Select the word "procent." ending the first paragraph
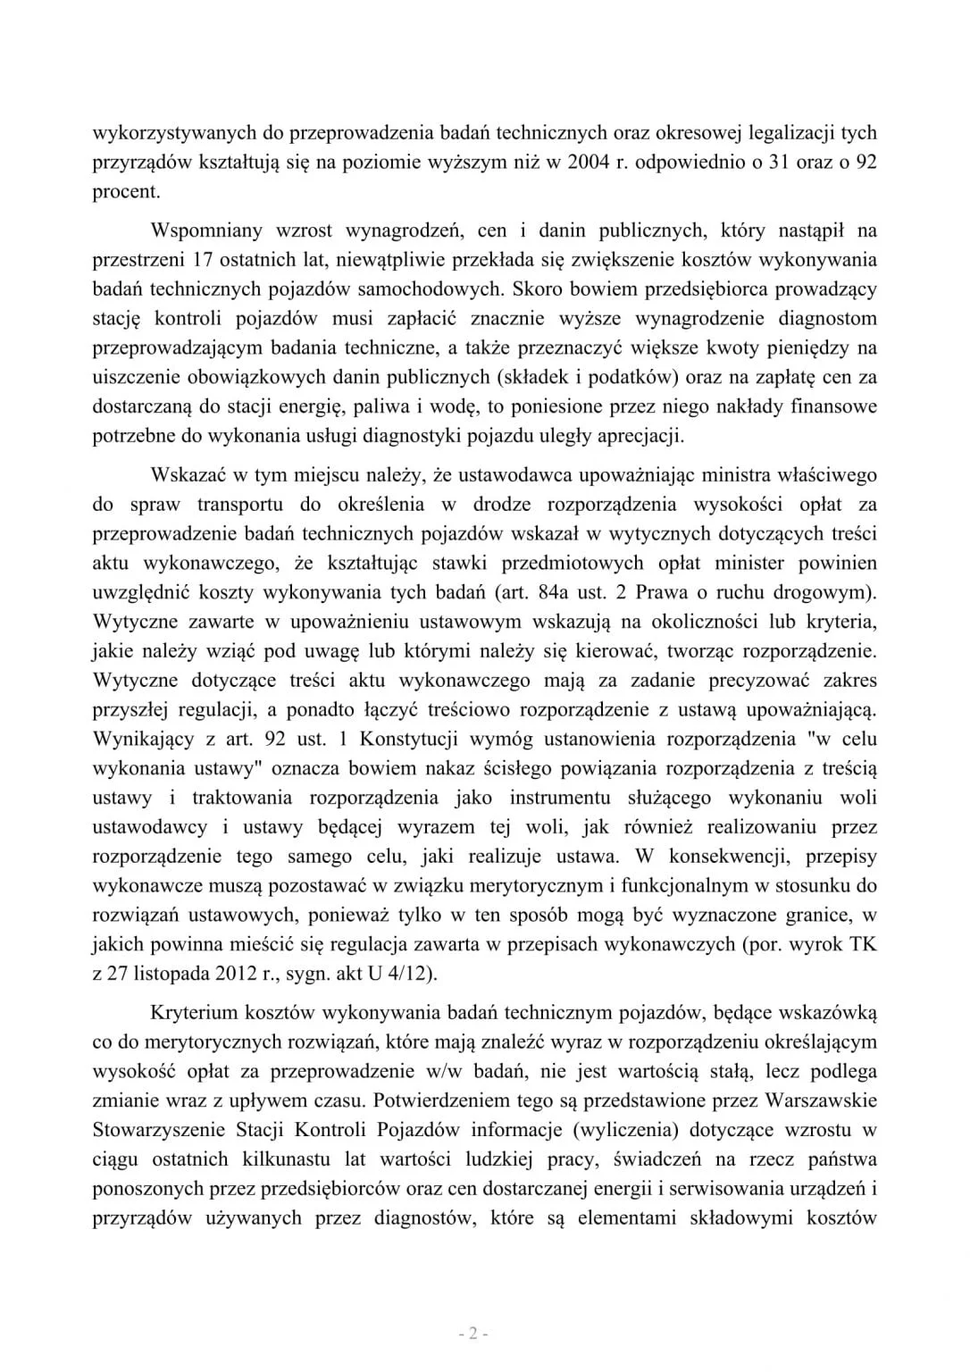pyautogui.click(x=127, y=192)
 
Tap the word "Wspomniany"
pyautogui.click(x=207, y=230)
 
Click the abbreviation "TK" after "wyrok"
pyautogui.click(x=864, y=944)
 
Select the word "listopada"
pyautogui.click(x=173, y=974)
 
